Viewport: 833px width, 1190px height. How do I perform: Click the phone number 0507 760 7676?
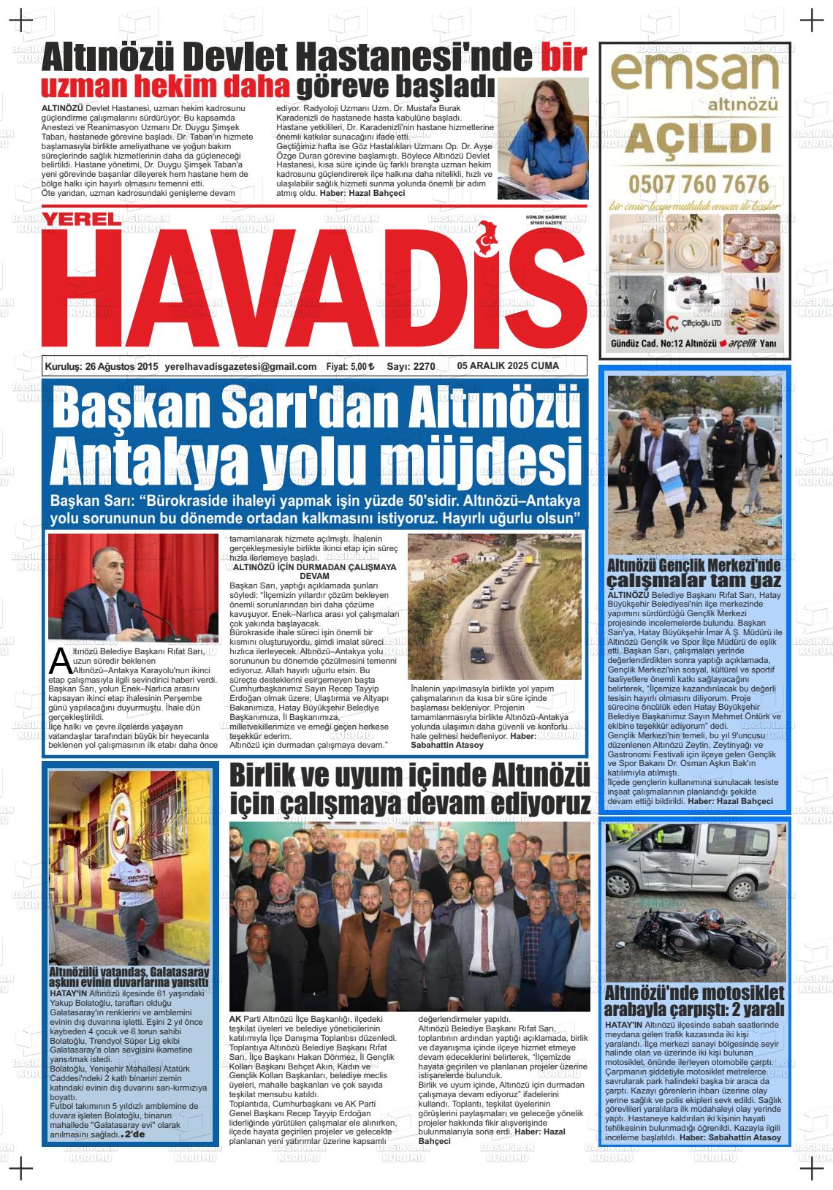tap(698, 183)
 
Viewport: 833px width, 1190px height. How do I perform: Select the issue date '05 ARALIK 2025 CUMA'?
tap(508, 365)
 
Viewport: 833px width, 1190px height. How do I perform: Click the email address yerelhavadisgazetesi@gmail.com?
tap(241, 367)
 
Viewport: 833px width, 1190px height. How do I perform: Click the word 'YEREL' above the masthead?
tap(79, 219)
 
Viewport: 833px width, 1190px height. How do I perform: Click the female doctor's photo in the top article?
tap(542, 139)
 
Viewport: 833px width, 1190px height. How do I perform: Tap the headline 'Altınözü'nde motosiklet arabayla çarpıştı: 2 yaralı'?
tap(693, 1001)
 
